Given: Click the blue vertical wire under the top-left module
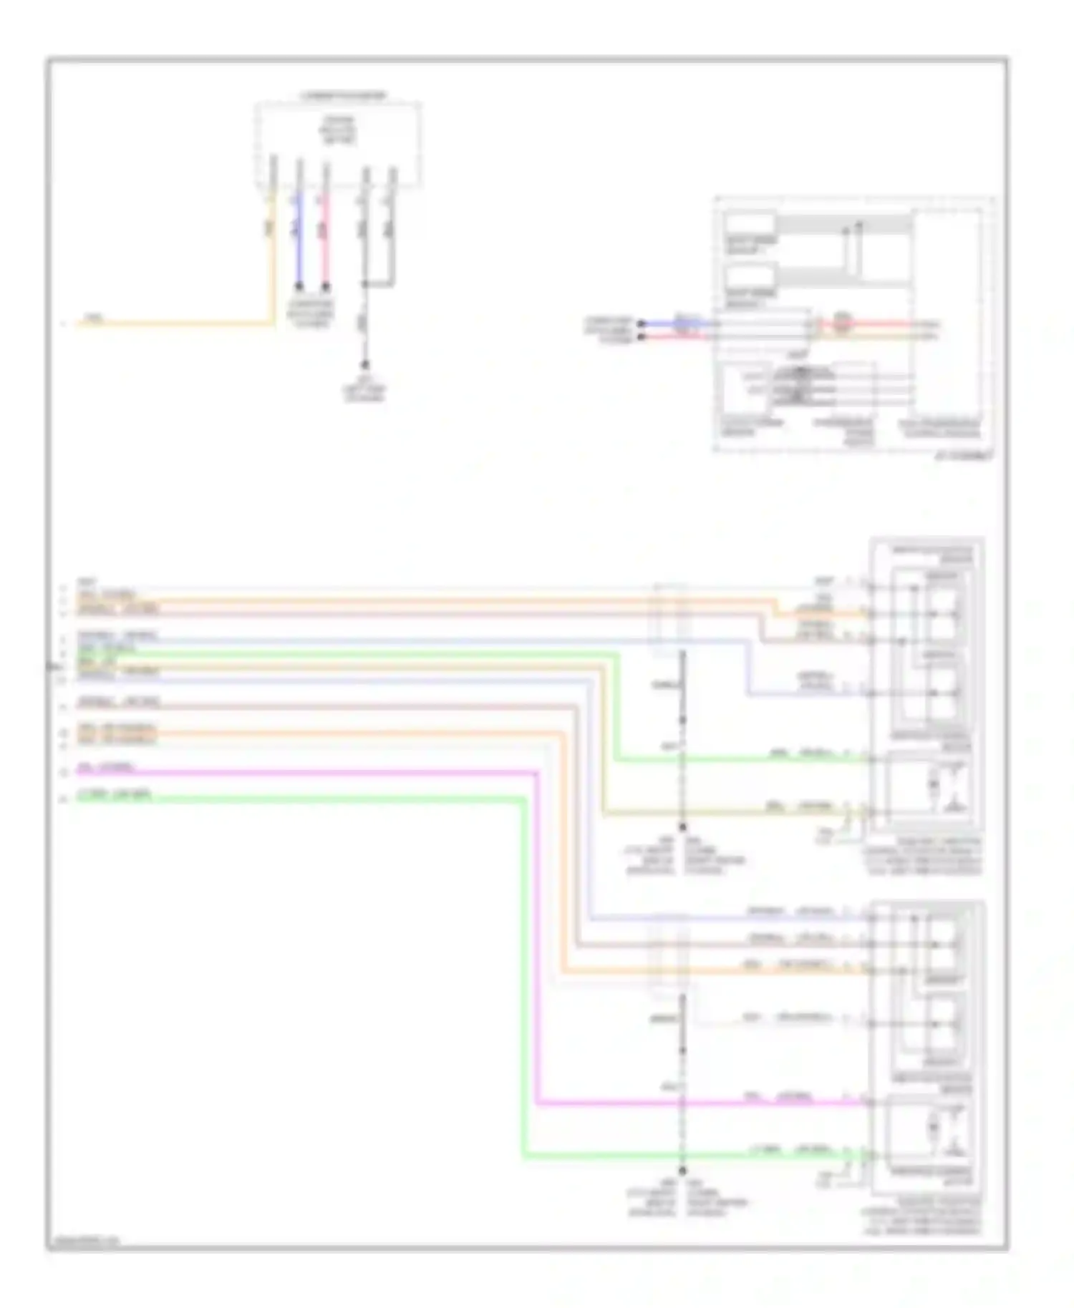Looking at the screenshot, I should tap(299, 243).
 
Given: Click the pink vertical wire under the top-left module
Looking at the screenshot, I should tap(326, 243).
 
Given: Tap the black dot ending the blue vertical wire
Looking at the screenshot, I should tap(299, 286).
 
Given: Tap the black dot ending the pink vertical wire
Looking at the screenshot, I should tap(326, 286).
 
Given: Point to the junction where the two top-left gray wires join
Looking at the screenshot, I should tap(365, 285).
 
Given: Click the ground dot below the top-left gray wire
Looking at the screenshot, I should tap(364, 364).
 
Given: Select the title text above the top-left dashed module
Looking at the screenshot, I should tap(343, 95).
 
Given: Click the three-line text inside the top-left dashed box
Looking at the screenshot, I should tap(339, 130).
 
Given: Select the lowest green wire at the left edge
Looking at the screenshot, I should tap(286, 799).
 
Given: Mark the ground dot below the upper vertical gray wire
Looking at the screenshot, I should tap(682, 826).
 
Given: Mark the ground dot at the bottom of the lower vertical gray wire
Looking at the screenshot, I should tap(682, 1171).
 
